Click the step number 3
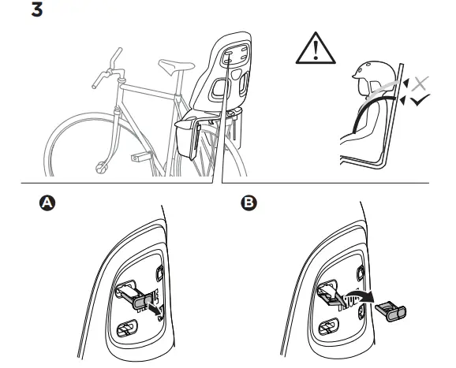37,10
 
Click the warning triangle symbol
316,49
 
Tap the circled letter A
47,203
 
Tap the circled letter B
249,203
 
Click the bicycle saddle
176,66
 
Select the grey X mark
420,84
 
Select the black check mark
420,99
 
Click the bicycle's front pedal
140,157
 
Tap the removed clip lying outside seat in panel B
391,311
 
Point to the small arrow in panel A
155,309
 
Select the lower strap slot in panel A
127,328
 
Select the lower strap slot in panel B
329,327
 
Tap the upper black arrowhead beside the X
406,83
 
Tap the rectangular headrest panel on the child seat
235,56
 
